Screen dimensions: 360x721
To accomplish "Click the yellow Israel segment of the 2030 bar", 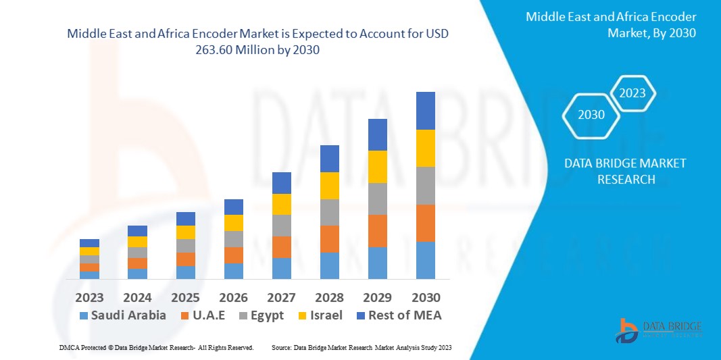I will pyautogui.click(x=425, y=148).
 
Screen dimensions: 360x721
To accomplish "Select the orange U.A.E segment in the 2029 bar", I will pyautogui.click(x=377, y=231).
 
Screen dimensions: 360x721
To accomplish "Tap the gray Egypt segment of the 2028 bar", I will pyautogui.click(x=329, y=212).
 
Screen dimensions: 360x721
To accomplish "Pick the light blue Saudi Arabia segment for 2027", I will pyautogui.click(x=281, y=268).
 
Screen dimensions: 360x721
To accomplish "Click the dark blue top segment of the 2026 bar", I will pyautogui.click(x=233, y=207).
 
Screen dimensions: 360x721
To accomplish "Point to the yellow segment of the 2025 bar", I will pyautogui.click(x=185, y=232).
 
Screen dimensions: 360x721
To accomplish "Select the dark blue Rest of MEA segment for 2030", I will pyautogui.click(x=425, y=111).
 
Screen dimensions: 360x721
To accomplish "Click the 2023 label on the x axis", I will pyautogui.click(x=89, y=297).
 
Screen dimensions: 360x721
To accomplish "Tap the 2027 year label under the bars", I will pyautogui.click(x=281, y=297).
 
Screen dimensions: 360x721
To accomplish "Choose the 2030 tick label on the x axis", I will pyautogui.click(x=425, y=297).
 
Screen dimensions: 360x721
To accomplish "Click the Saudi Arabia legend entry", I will pyautogui.click(x=122, y=315).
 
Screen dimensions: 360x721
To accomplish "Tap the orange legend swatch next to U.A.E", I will pyautogui.click(x=184, y=315).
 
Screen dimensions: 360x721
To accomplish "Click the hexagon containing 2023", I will pyautogui.click(x=632, y=93).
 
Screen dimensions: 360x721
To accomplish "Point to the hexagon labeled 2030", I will pyautogui.click(x=591, y=115).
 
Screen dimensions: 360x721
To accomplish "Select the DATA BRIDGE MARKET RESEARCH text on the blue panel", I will pyautogui.click(x=615, y=171).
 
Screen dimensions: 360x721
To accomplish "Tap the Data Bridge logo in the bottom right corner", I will pyautogui.click(x=658, y=330).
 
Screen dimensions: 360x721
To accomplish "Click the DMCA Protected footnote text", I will pyautogui.click(x=155, y=347).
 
